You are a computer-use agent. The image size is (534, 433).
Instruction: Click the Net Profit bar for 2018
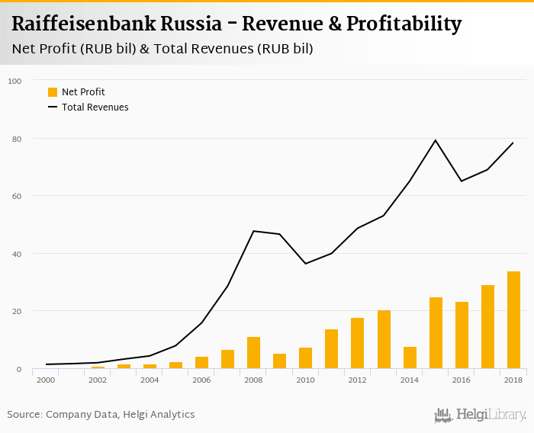(513, 320)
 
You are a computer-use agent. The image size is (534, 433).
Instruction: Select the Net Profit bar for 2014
(410, 358)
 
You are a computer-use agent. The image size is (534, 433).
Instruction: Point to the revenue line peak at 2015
(436, 140)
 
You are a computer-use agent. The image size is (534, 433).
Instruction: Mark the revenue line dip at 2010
(305, 264)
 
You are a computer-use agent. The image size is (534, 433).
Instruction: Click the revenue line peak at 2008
(253, 231)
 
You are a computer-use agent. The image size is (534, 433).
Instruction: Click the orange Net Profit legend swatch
(53, 92)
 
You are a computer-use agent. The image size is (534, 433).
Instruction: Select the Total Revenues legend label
(95, 107)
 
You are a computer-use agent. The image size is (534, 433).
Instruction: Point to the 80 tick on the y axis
(15, 139)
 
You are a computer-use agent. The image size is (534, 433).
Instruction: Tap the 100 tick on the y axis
(14, 81)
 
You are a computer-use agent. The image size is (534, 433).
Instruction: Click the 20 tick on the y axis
(15, 311)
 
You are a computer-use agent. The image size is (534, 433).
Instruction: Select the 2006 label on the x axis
(201, 380)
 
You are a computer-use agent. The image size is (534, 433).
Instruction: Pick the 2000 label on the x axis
(46, 380)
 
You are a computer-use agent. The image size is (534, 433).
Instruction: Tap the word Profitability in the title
(404, 24)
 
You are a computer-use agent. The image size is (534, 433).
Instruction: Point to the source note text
(101, 415)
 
